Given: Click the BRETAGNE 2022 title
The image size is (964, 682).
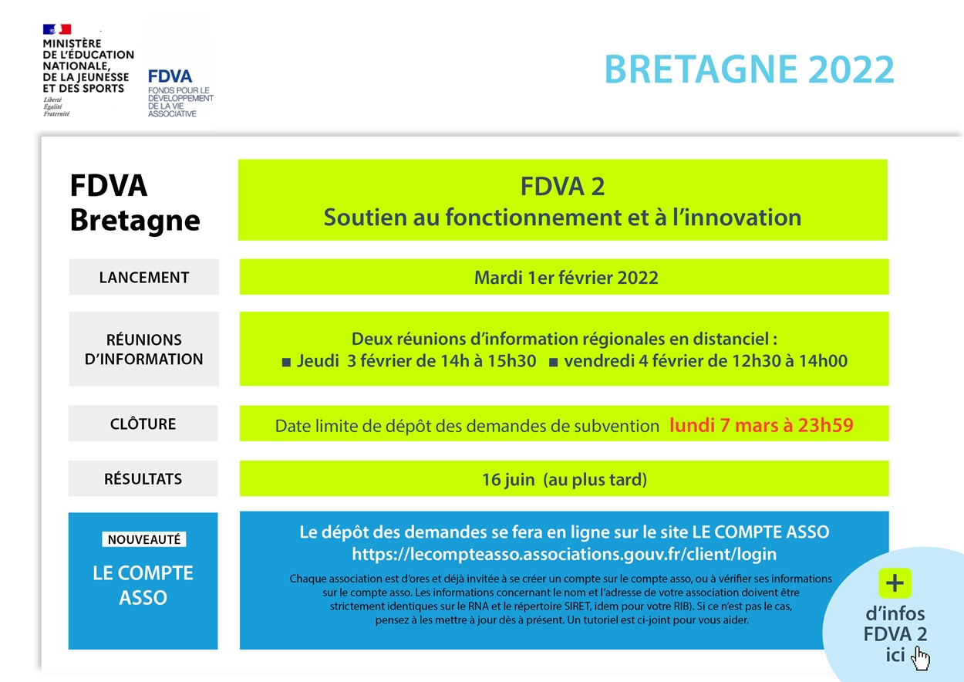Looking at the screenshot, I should click(749, 69).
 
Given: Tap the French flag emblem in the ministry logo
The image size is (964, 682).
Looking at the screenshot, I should click(57, 29).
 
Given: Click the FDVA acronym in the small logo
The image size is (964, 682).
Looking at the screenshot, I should click(170, 76).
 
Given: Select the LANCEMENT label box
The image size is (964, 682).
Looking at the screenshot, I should click(143, 277).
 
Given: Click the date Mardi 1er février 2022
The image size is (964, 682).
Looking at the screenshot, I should click(565, 278).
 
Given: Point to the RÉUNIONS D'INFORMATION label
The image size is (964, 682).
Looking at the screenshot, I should click(143, 349).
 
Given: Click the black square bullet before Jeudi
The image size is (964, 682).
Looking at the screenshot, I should click(286, 361).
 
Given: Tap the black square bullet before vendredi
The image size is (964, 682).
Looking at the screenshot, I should click(553, 361).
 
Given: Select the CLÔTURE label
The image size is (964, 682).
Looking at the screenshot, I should click(143, 424).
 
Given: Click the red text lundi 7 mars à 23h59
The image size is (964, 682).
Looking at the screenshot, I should click(760, 424).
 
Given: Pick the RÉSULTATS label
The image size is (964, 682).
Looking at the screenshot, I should click(143, 478).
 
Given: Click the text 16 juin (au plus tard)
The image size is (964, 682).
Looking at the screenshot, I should click(564, 479).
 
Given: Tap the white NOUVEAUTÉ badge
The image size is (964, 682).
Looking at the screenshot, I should click(143, 539).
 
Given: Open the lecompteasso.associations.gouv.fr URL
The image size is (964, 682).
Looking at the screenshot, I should click(564, 554).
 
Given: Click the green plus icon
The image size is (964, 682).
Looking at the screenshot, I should click(895, 583).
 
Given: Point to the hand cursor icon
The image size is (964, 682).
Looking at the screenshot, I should click(921, 658).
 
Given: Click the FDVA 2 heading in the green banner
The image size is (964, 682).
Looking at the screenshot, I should click(562, 186).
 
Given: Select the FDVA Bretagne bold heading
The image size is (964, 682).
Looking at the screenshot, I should click(134, 203).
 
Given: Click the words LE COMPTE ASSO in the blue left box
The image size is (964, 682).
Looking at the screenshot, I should click(143, 585).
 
